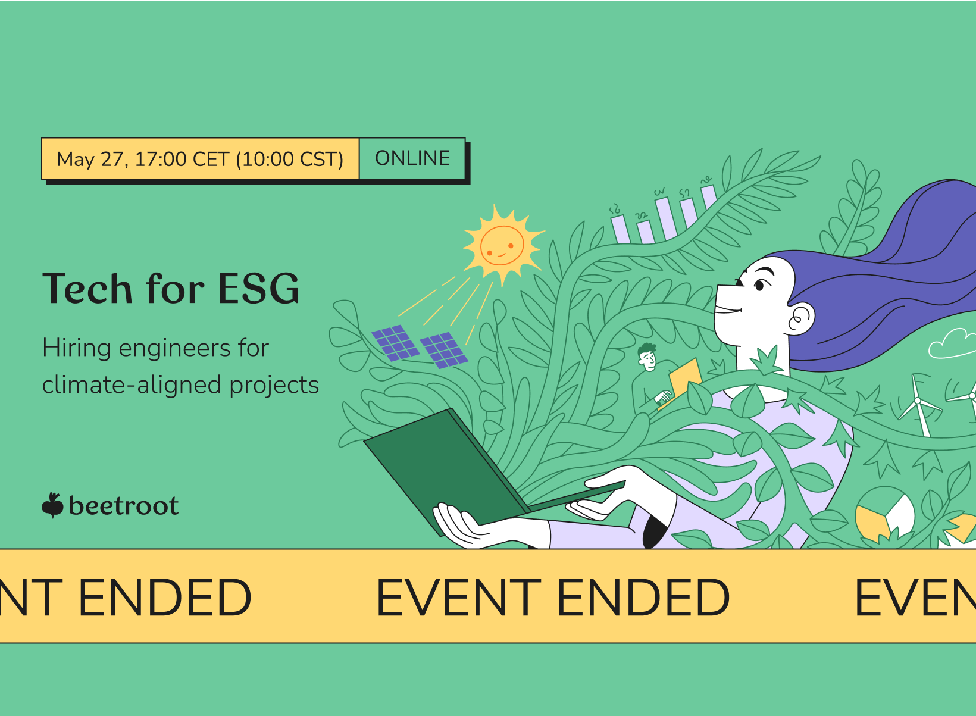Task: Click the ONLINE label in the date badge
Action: click(412, 158)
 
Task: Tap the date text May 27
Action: click(92, 160)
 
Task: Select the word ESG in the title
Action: click(258, 288)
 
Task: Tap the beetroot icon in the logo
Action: click(53, 505)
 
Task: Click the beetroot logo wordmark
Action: click(124, 506)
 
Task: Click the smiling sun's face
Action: click(502, 246)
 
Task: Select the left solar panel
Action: click(395, 343)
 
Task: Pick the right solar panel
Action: click(444, 350)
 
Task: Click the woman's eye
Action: click(759, 286)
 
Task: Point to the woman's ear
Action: click(801, 319)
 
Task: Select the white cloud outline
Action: click(952, 344)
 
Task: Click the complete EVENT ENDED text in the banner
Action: click(552, 598)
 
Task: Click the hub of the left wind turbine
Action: click(917, 401)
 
